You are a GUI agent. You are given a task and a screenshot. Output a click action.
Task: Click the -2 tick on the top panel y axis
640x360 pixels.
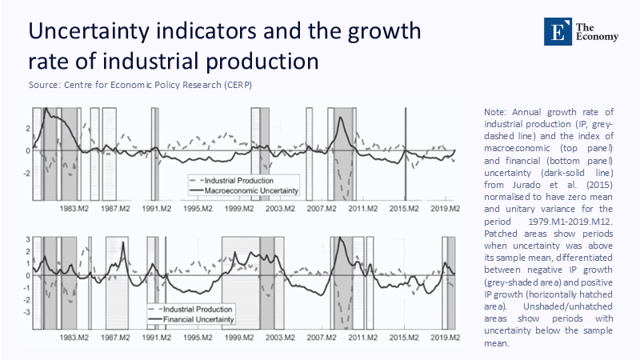pos(26,172)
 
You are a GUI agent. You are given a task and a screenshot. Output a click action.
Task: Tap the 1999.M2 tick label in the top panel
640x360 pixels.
pos(239,209)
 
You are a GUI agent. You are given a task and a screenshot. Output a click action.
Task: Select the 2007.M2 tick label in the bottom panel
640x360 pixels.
pos(320,338)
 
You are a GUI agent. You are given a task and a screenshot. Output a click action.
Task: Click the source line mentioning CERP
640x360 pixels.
pos(140,85)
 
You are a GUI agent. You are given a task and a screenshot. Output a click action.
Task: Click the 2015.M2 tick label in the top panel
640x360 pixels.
pos(403,209)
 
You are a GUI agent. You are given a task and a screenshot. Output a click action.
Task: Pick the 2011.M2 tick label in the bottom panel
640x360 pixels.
pos(362,338)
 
